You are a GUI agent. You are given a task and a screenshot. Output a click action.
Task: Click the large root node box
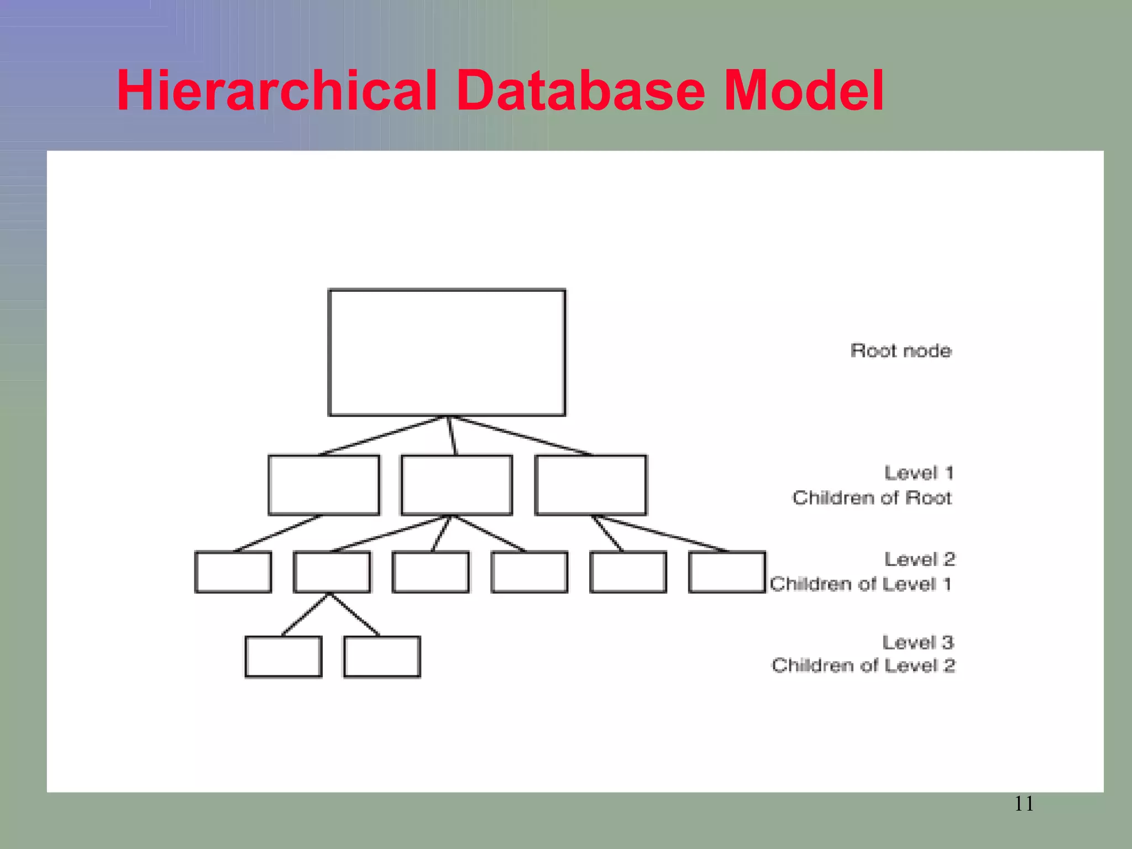click(447, 352)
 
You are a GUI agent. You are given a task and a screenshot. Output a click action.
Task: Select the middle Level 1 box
click(457, 485)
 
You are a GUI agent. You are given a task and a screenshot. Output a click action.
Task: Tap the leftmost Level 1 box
click(324, 485)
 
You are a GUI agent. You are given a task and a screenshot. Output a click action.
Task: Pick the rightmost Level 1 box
click(590, 485)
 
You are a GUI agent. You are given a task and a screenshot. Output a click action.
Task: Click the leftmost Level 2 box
click(233, 572)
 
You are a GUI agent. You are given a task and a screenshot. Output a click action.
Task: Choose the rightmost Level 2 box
click(727, 572)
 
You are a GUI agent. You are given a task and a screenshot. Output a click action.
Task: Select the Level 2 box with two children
click(332, 572)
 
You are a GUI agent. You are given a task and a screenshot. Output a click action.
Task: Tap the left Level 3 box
click(283, 657)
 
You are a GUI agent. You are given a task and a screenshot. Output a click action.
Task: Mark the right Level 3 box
click(382, 657)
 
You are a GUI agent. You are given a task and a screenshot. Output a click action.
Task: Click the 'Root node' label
click(901, 350)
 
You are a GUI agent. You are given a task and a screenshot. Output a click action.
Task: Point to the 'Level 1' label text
click(919, 473)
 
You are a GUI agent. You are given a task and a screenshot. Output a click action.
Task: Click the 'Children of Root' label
click(872, 497)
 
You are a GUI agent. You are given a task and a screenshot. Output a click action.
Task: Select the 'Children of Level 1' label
click(860, 584)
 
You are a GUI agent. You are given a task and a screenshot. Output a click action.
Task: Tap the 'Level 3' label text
click(918, 642)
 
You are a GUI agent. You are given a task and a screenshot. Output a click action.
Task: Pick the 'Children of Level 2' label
click(863, 665)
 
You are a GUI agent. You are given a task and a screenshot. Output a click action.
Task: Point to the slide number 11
click(1024, 804)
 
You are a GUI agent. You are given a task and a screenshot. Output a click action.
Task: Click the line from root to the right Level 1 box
click(522, 436)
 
